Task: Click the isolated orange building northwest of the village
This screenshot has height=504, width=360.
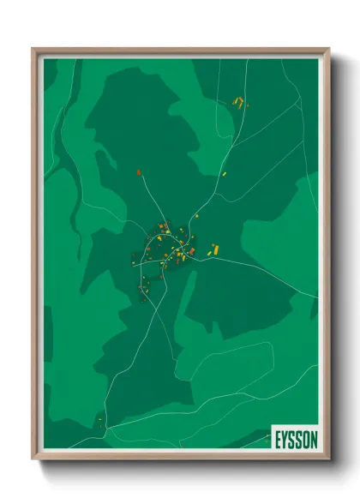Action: (x=138, y=172)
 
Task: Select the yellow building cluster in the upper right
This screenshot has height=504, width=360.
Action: (x=239, y=104)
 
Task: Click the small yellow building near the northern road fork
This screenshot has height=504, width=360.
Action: (x=193, y=217)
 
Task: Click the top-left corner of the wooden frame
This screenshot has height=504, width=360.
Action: (x=34, y=50)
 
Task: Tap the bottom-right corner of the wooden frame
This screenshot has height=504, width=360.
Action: (x=328, y=459)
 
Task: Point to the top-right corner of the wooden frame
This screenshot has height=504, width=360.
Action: (x=328, y=50)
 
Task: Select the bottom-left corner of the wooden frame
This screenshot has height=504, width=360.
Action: (x=34, y=459)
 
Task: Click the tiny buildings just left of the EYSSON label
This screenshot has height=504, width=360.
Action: (x=263, y=441)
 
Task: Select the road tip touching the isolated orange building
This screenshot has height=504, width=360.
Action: (x=140, y=176)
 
